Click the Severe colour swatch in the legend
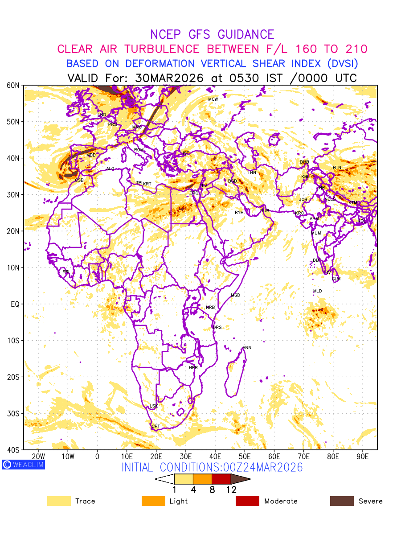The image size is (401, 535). click(342, 501)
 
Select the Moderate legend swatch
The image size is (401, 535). click(247, 501)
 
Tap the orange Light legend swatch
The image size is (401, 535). click(153, 501)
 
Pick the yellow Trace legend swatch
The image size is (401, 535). click(59, 501)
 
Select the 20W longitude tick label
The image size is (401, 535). click(39, 457)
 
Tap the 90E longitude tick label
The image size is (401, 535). click(363, 457)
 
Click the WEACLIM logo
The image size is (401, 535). click(23, 465)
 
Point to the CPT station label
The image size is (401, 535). click(155, 427)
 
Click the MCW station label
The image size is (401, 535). click(213, 99)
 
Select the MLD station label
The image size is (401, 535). click(317, 291)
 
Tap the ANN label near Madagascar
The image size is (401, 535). click(247, 348)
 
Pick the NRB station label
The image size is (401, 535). click(210, 308)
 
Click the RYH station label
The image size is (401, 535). click(239, 213)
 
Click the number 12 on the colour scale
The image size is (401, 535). click(231, 490)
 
